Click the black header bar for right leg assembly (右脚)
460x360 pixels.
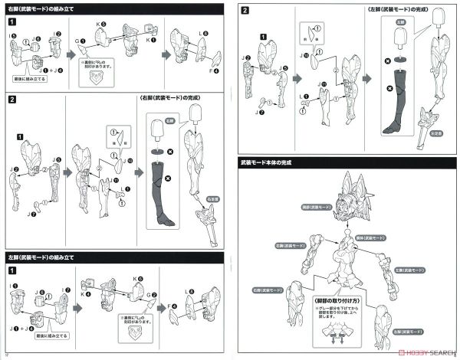point(115,8)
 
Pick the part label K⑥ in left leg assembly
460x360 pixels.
point(138,279)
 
